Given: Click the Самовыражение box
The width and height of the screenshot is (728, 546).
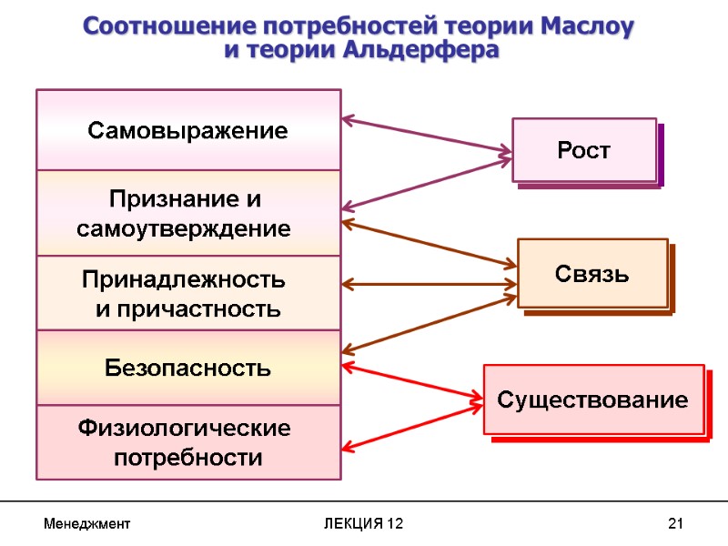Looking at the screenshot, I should (188, 130).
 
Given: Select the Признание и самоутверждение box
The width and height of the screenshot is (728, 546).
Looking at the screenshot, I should (188, 213).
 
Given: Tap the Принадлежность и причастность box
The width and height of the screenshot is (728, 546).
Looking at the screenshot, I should (188, 293).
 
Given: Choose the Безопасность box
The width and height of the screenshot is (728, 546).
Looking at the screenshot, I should (188, 368).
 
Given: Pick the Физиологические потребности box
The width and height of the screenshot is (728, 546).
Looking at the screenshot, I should (188, 441).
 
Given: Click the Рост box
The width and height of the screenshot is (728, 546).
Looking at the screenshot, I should (584, 150).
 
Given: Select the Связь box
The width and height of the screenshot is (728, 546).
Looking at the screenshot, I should (592, 273).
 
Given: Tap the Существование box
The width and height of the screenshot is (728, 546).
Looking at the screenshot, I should (593, 399).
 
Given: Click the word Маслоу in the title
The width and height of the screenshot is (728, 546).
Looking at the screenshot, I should (580, 25).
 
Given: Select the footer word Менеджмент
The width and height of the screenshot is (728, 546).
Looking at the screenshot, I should (87, 524).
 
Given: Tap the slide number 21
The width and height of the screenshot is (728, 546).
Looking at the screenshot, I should (675, 524).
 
